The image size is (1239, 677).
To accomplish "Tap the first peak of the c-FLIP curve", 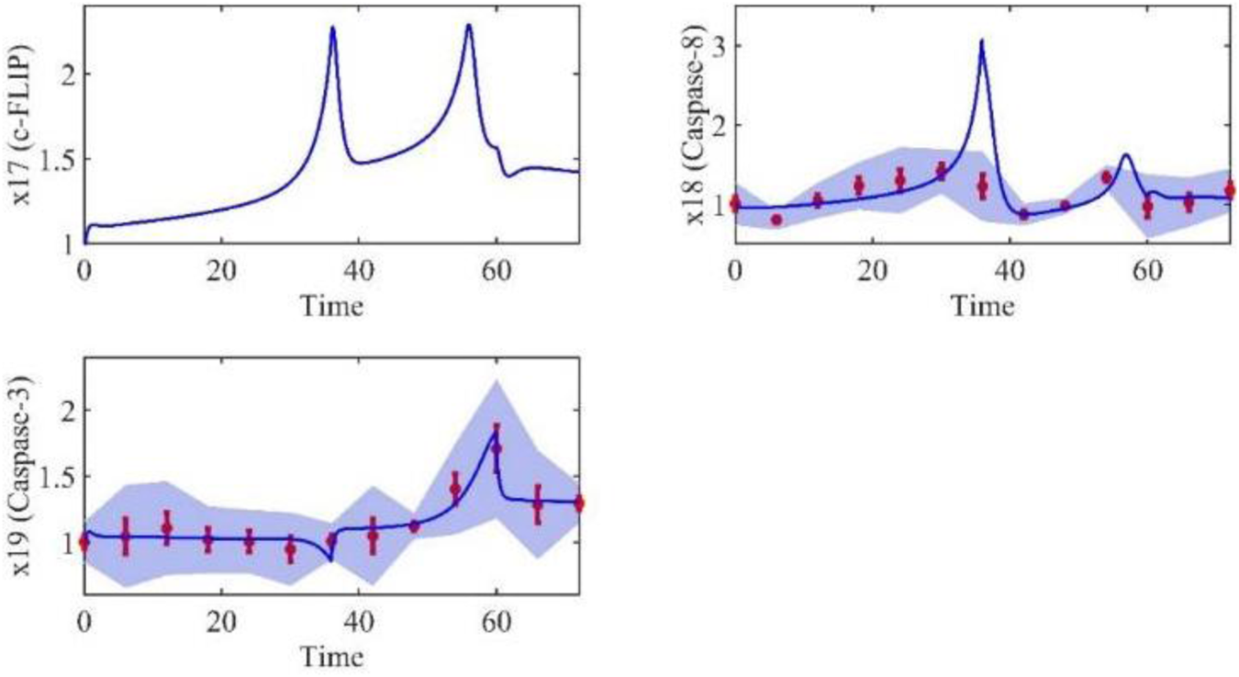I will [332, 28].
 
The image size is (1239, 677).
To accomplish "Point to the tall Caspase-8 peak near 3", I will [982, 40].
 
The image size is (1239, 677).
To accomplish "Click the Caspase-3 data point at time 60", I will [497, 449].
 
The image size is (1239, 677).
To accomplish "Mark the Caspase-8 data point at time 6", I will [776, 220].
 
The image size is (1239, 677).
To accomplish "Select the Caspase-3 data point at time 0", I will [84, 542].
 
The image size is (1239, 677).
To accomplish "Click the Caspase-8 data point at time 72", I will [1230, 191].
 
